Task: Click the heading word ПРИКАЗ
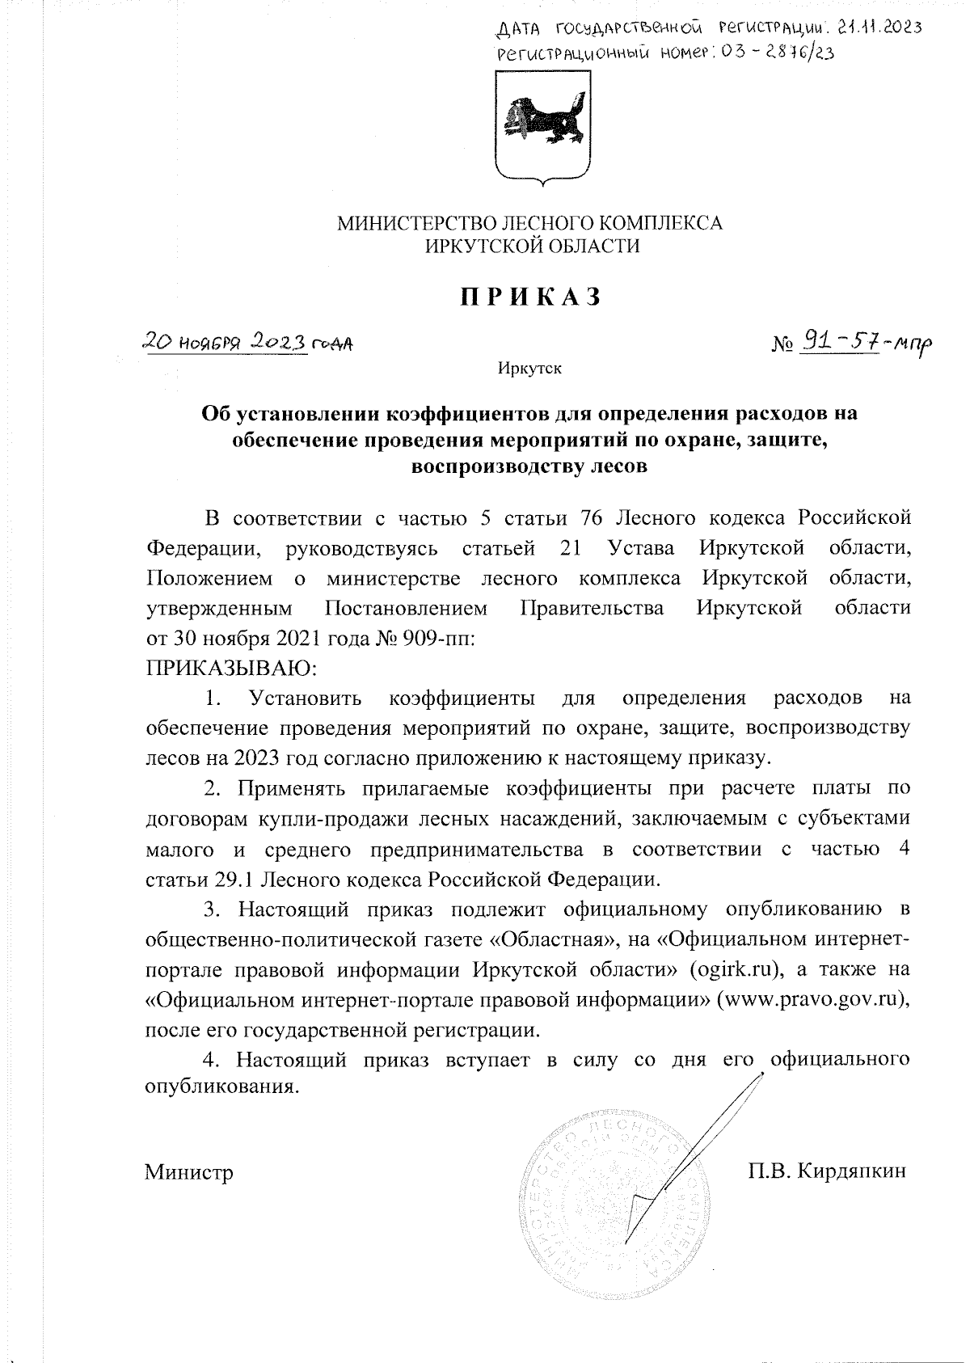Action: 531,297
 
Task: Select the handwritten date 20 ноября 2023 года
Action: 247,343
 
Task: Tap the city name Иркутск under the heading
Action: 529,369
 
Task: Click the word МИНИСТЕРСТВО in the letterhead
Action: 412,222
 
